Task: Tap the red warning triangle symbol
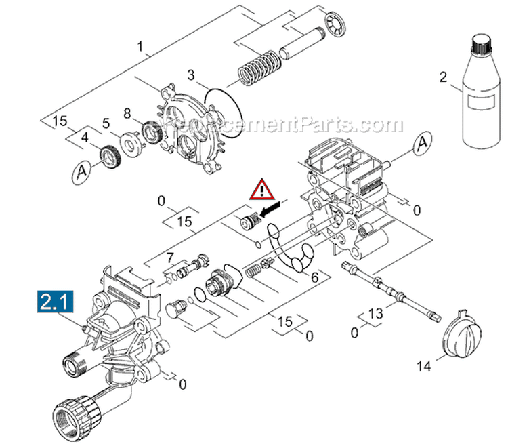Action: pyautogui.click(x=261, y=190)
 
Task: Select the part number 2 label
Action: pyautogui.click(x=444, y=77)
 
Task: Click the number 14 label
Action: pyautogui.click(x=423, y=367)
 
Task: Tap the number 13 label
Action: pyautogui.click(x=375, y=315)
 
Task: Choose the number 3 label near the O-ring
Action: pyautogui.click(x=191, y=74)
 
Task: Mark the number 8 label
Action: pyautogui.click(x=126, y=113)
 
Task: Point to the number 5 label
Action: pyautogui.click(x=106, y=123)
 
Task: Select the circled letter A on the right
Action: pyautogui.click(x=423, y=143)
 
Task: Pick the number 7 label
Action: pyautogui.click(x=171, y=257)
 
